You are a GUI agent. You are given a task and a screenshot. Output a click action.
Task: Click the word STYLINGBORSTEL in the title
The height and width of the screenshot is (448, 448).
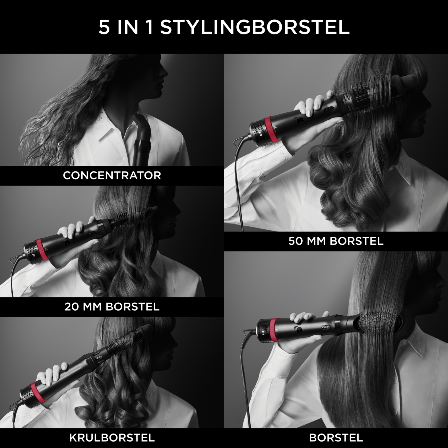(x=255, y=27)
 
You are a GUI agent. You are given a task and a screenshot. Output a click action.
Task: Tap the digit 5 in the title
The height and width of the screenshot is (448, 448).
(x=104, y=28)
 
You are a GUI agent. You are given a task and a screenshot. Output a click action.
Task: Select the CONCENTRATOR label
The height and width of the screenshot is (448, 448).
(x=112, y=175)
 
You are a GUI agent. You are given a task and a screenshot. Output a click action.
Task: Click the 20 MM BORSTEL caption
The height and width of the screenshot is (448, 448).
(x=112, y=307)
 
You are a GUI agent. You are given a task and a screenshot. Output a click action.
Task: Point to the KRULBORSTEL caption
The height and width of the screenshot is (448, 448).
(x=112, y=438)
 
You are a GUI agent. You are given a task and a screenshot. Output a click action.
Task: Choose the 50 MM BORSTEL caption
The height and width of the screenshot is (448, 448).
(x=336, y=241)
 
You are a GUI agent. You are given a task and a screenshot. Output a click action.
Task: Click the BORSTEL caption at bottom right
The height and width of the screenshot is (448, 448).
(x=336, y=438)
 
